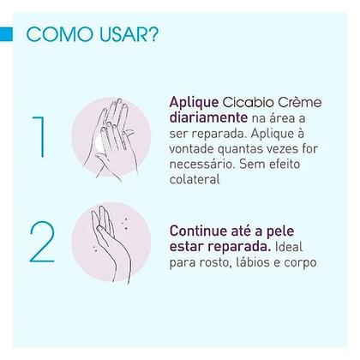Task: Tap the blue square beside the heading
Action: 7,35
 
